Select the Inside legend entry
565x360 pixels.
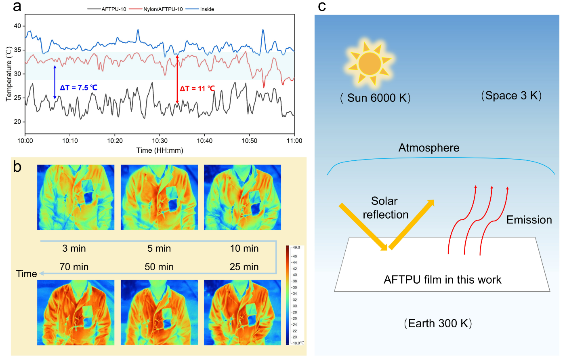coord(207,9)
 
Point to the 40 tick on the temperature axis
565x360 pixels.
coord(17,26)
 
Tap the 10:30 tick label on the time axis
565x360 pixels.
coord(160,141)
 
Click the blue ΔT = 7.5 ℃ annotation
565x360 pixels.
coord(78,88)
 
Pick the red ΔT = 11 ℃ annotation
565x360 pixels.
coord(197,88)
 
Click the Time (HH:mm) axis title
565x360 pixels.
coord(160,150)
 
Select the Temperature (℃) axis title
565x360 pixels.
coord(9,74)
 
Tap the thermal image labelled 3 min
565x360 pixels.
coord(76,197)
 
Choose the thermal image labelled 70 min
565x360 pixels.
coord(76,312)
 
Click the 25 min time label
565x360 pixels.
coord(244,267)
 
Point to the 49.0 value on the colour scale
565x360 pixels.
coord(296,247)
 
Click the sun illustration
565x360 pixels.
coord(370,64)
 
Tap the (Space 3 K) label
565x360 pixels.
coord(511,96)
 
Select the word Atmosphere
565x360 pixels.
coord(429,148)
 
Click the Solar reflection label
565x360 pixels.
coord(385,208)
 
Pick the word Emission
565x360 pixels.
coord(529,220)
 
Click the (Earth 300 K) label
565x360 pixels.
coord(438,324)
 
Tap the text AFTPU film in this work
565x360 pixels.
coord(442,280)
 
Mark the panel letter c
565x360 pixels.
coord(322,6)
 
